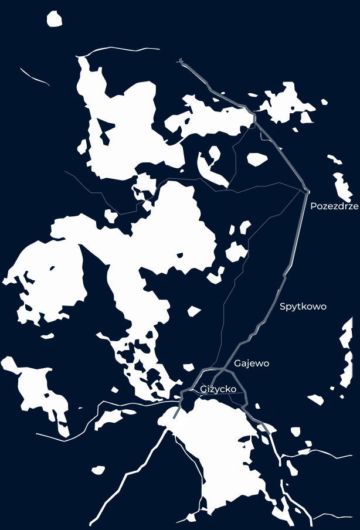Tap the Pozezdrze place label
[334, 206]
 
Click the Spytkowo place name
[303, 307]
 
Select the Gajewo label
[252, 363]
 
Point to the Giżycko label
[218, 389]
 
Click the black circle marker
[175, 419]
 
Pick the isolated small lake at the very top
[55, 19]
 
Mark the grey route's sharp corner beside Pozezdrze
[307, 191]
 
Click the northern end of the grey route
[181, 60]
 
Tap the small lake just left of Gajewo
[188, 367]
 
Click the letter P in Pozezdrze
[314, 206]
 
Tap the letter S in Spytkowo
[283, 307]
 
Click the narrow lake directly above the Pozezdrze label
[342, 186]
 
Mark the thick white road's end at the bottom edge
[91, 523]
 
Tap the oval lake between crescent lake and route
[257, 159]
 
